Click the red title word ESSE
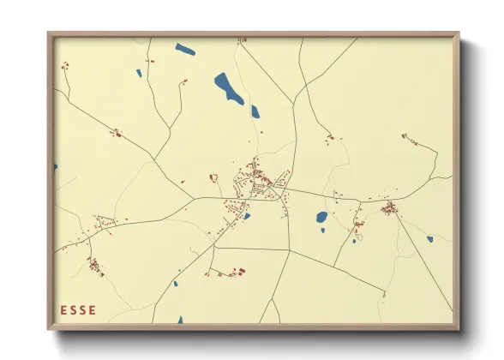tap(78, 310)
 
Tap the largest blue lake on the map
tap(229, 87)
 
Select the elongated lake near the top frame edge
tap(185, 49)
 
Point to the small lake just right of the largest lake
tap(255, 111)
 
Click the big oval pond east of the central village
tap(321, 217)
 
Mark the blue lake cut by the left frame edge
tap(56, 167)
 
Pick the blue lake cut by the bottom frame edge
tap(180, 321)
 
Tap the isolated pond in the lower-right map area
tap(429, 239)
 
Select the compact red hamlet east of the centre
tap(388, 207)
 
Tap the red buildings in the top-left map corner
tap(64, 65)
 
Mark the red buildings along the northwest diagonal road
tap(117, 132)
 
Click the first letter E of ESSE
tap(63, 310)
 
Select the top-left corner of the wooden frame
tap(50, 34)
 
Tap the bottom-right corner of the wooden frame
tap(458, 327)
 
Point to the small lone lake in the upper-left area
tap(140, 73)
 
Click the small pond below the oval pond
tap(322, 230)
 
